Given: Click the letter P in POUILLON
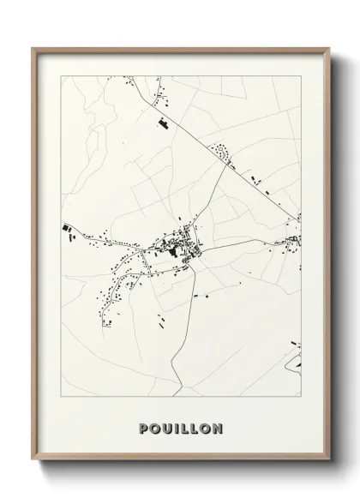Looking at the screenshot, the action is click(143, 428).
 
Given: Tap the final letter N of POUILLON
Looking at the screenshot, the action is click(218, 428).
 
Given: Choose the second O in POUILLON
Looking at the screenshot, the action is click(206, 428).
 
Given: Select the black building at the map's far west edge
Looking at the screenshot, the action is click(65, 227).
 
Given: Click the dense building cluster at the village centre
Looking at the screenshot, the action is click(182, 249).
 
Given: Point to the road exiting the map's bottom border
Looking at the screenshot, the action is click(179, 393).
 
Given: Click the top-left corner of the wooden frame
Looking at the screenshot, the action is click(33, 49).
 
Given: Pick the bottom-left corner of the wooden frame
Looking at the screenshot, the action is click(33, 461).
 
